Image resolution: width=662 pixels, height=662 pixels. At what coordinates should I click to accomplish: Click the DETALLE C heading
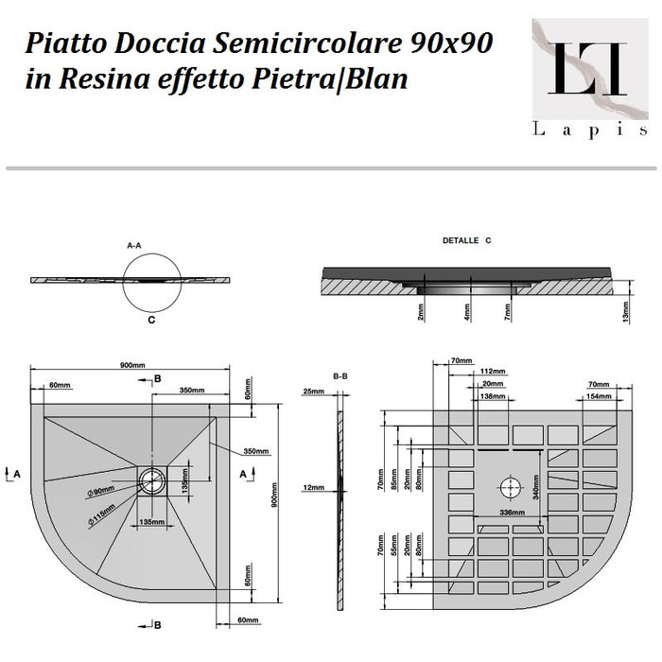click(468, 241)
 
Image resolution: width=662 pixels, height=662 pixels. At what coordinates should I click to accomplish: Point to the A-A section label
click(134, 245)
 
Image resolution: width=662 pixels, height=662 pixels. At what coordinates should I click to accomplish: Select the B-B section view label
click(341, 375)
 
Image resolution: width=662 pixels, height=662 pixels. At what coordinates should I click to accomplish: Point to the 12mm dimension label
click(313, 488)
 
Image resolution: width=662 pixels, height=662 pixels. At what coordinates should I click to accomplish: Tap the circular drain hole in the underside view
click(510, 487)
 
